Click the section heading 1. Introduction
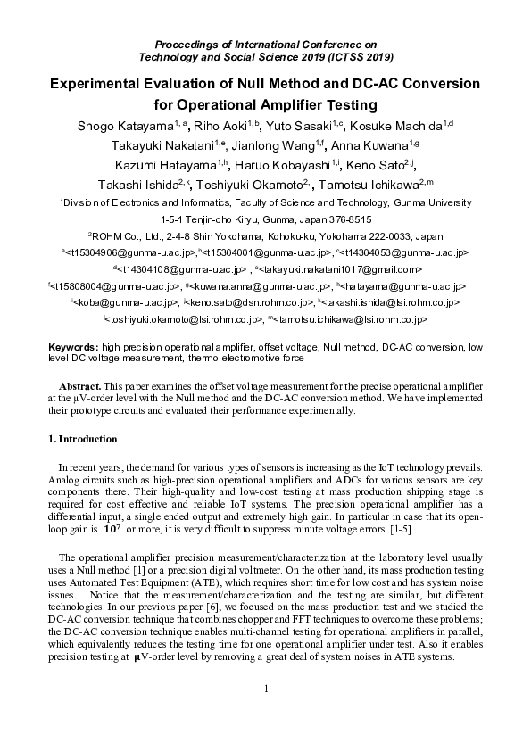81,439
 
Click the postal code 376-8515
345,219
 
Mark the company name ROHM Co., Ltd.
128,236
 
